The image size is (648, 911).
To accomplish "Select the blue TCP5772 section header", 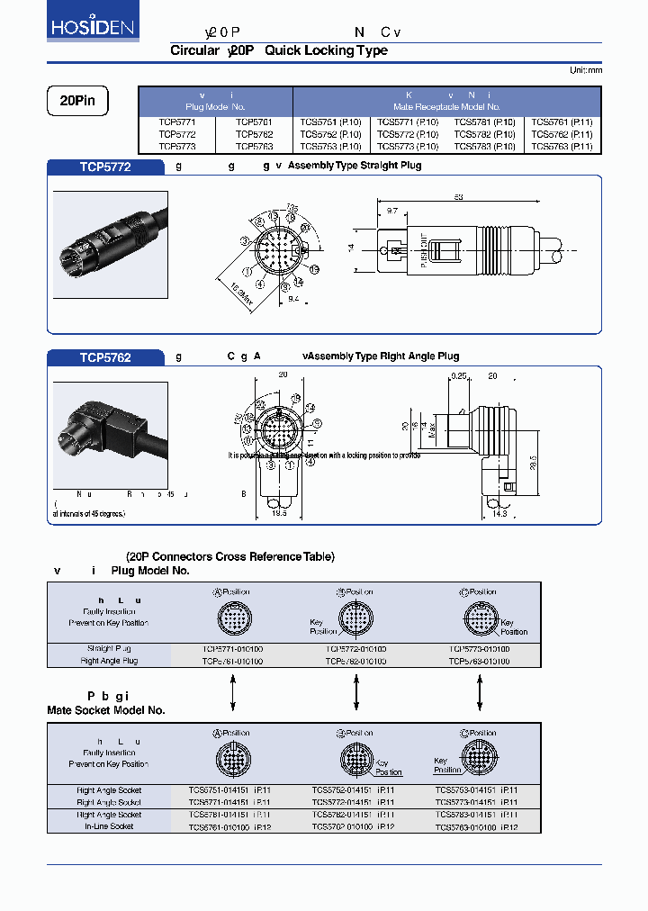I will click(105, 167).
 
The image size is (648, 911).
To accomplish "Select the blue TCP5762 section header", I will click(105, 357).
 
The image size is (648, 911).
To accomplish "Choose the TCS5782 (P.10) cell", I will click(485, 134).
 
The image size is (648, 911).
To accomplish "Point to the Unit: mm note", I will click(586, 70).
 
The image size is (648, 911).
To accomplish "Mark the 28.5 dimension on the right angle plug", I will click(533, 462).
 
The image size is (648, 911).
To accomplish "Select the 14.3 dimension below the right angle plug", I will click(498, 514).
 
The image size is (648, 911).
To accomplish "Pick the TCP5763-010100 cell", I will click(479, 661).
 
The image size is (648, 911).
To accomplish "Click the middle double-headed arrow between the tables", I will click(356, 693).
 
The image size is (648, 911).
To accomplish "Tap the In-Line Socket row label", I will click(109, 826).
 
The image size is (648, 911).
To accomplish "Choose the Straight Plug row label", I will click(109, 649).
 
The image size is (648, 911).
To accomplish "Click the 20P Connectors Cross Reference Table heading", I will click(229, 556).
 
